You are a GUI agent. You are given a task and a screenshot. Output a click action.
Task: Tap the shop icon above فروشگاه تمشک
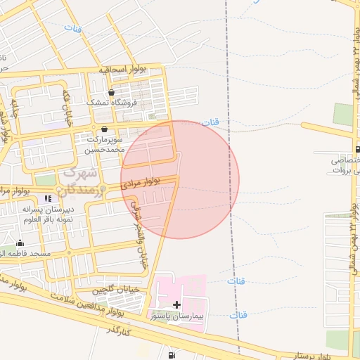[112, 93]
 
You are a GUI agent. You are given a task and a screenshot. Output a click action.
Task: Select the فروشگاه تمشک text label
[108, 103]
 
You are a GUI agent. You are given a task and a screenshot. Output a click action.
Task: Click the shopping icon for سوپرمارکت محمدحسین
[105, 129]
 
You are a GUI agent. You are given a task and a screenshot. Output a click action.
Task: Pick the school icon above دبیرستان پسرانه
[48, 198]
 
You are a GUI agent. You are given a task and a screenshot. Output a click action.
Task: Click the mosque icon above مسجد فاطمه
[19, 243]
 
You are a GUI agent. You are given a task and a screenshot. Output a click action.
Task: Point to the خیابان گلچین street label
[117, 289]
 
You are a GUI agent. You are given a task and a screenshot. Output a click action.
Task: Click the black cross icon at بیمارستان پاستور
[176, 304]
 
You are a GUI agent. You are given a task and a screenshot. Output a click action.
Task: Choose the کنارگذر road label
[119, 331]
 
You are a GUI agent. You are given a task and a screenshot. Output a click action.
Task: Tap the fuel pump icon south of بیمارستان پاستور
[173, 354]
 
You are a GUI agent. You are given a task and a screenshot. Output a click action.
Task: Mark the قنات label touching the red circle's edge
[210, 122]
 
